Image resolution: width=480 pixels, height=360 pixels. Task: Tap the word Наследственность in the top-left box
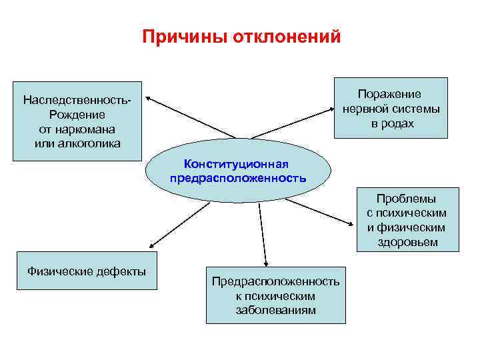click(x=75, y=101)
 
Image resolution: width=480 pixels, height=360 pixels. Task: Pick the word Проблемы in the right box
click(x=406, y=199)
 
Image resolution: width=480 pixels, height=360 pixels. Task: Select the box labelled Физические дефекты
click(x=86, y=271)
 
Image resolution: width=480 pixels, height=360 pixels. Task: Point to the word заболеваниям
click(x=275, y=310)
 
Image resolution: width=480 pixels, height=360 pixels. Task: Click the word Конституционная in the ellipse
click(x=238, y=164)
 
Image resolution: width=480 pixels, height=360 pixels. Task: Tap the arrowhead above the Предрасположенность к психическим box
click(x=266, y=263)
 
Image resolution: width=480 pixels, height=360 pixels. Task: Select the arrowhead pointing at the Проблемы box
click(x=354, y=224)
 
